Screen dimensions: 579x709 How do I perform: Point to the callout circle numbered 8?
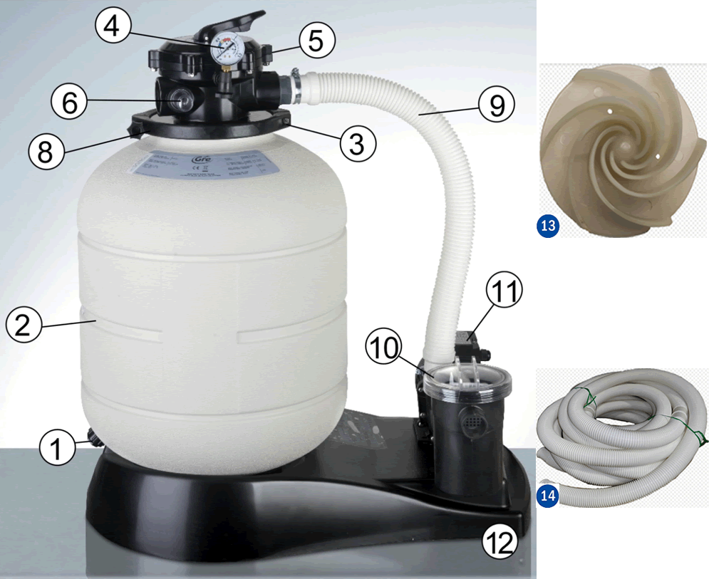coord(46,150)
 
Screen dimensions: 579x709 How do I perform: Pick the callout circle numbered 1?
coord(58,448)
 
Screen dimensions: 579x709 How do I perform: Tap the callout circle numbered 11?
coord(504,292)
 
